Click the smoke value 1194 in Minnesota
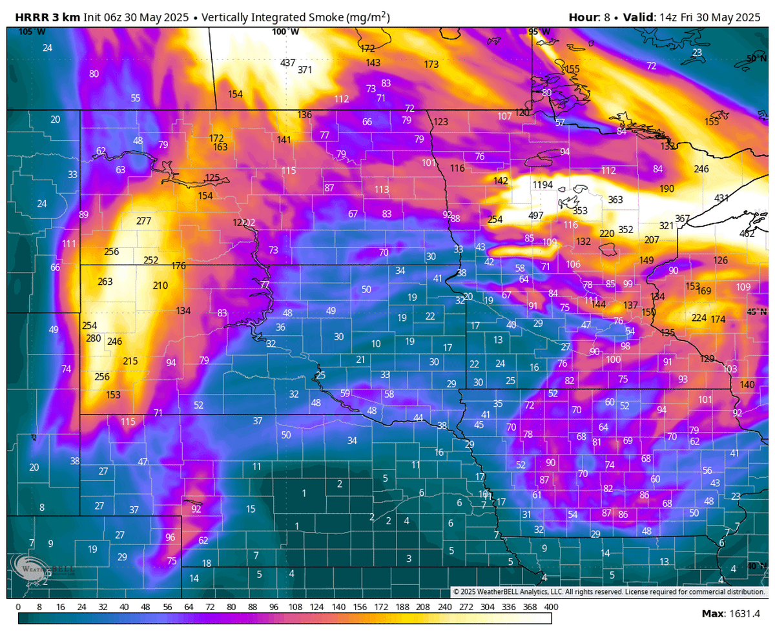click(x=542, y=185)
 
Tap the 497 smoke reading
click(x=535, y=215)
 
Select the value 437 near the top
click(x=287, y=63)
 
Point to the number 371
click(x=305, y=70)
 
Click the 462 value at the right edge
click(x=747, y=233)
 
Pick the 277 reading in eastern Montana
click(x=143, y=221)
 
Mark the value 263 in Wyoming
click(x=105, y=282)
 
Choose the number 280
click(x=93, y=338)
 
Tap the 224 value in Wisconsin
click(x=699, y=318)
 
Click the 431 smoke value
click(x=721, y=198)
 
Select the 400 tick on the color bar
click(x=551, y=607)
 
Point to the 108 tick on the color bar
click(x=295, y=607)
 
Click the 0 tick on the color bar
click(x=18, y=607)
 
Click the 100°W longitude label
click(x=285, y=32)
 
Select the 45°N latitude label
click(x=754, y=312)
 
